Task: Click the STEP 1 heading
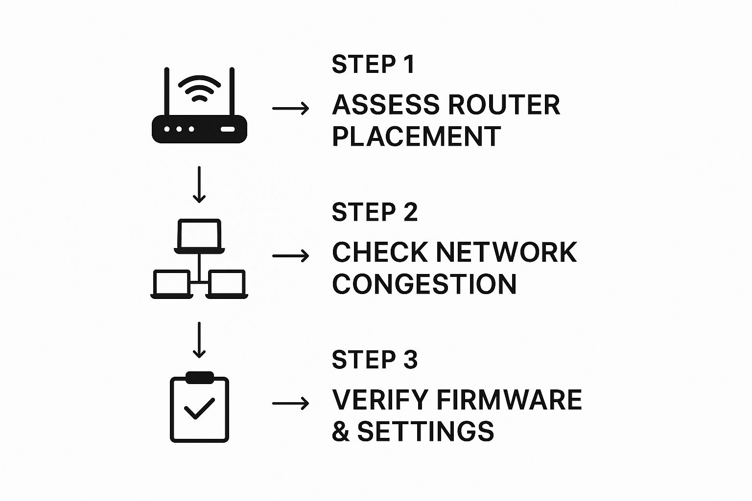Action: (x=373, y=65)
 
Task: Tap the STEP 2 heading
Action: (x=375, y=212)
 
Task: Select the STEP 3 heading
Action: (x=375, y=360)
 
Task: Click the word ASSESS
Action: (x=385, y=105)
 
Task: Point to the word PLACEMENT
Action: (x=416, y=137)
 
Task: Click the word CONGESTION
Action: (x=424, y=284)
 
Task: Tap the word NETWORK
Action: (x=506, y=252)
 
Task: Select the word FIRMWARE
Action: (x=509, y=400)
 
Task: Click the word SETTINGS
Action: (x=425, y=432)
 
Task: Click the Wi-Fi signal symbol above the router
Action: (x=199, y=88)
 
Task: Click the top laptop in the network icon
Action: (x=199, y=235)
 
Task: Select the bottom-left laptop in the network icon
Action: (x=171, y=284)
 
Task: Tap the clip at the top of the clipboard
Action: (x=199, y=377)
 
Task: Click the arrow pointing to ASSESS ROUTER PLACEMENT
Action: (x=290, y=108)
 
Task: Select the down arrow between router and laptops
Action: (x=199, y=184)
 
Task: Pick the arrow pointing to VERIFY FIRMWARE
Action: (x=290, y=403)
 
